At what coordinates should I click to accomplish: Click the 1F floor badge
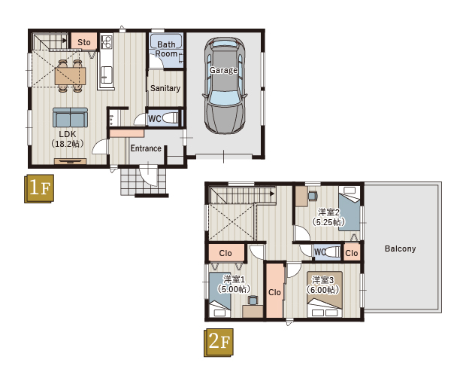click(x=39, y=188)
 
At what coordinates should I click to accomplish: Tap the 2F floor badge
click(x=219, y=343)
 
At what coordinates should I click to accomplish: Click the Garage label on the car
click(x=223, y=70)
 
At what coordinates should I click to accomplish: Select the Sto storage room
click(x=84, y=41)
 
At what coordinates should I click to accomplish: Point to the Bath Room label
click(x=166, y=49)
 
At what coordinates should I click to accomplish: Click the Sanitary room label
click(x=165, y=88)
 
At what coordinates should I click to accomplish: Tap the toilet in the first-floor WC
click(x=171, y=118)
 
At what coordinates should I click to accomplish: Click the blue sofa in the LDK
click(x=71, y=117)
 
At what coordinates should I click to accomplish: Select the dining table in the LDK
click(x=71, y=75)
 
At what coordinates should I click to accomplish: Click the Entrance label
click(x=146, y=148)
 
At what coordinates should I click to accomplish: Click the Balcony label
click(x=401, y=249)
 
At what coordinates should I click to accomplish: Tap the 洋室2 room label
click(x=328, y=212)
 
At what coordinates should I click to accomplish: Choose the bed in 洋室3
click(x=325, y=294)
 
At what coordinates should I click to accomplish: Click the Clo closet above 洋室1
click(x=226, y=253)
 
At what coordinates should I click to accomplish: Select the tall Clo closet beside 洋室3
click(x=274, y=291)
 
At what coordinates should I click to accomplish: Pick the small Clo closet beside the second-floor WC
click(x=352, y=253)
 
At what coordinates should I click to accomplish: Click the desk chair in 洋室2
click(x=313, y=196)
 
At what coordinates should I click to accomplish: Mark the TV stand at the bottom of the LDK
click(x=71, y=161)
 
